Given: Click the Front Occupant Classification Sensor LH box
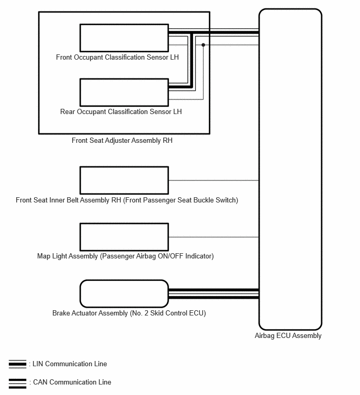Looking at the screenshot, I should pos(124,37).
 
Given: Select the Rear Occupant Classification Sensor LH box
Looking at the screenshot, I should pos(124,92).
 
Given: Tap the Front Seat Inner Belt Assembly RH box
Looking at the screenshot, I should pos(124,180).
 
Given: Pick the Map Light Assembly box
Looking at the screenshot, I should pos(124,237).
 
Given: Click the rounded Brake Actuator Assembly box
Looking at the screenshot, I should pos(124,294).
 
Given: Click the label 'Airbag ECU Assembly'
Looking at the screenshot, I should pos(288,336).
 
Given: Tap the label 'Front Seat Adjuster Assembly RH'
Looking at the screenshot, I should pos(122,141).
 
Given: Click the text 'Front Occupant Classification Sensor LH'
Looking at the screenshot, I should pos(117,57).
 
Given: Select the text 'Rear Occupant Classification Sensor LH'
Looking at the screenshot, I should pos(121,111).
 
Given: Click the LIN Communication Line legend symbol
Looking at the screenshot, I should pos(17,364).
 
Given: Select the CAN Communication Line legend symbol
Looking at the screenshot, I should pos(17,382).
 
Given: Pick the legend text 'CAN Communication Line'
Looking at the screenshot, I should pos(72,382).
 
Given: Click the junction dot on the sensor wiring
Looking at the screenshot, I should pos(203,45).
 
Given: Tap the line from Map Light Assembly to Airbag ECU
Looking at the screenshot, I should pos(213,237).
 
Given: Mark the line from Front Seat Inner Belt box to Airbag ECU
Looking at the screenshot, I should pos(213,180).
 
